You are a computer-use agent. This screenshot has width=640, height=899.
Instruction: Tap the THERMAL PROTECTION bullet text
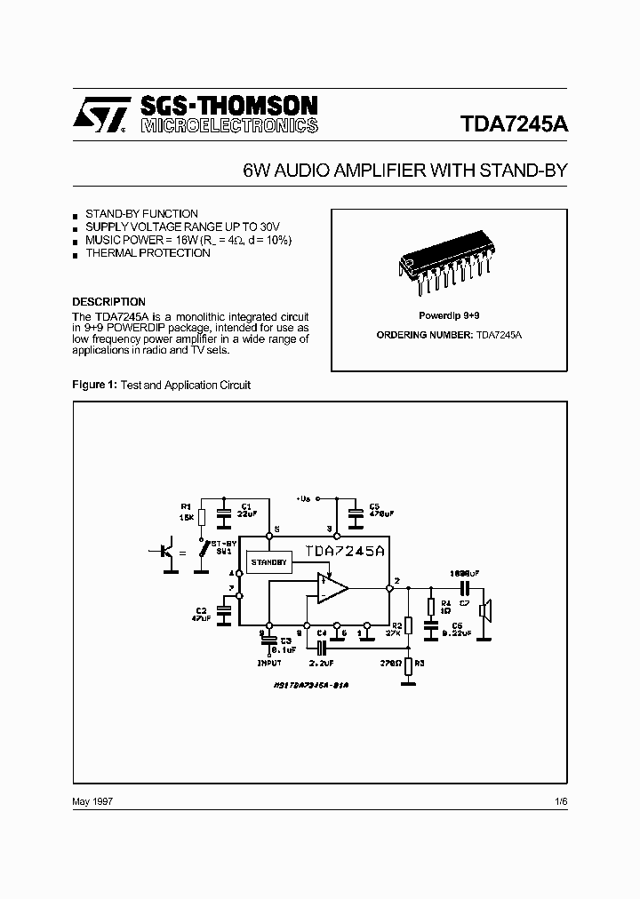pyautogui.click(x=148, y=253)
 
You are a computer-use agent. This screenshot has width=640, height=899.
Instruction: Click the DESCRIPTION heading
pyautogui.click(x=108, y=301)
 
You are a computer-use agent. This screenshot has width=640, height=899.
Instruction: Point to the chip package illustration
pyautogui.click(x=448, y=264)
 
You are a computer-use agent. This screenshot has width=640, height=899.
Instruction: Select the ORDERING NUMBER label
pyautogui.click(x=425, y=335)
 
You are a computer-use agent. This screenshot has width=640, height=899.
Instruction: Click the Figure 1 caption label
pyautogui.click(x=93, y=385)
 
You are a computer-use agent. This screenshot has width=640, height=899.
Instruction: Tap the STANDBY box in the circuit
pyautogui.click(x=268, y=562)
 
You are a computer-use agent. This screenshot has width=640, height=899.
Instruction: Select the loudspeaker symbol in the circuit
pyautogui.click(x=485, y=610)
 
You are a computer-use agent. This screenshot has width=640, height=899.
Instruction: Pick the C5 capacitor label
pyautogui.click(x=374, y=507)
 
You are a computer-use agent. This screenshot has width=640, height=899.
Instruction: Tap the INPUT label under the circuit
pyautogui.click(x=268, y=663)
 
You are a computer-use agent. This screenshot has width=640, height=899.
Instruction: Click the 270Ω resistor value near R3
pyautogui.click(x=388, y=662)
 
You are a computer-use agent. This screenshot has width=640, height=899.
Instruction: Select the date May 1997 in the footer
pyautogui.click(x=92, y=800)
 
